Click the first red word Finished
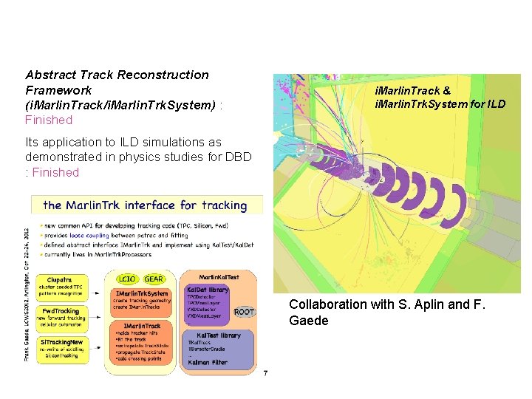coord(49,120)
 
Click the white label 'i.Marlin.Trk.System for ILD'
coord(440,103)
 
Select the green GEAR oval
coord(154,279)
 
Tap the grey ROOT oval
coord(243,312)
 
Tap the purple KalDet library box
coord(210,303)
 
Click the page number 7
coord(265,372)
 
